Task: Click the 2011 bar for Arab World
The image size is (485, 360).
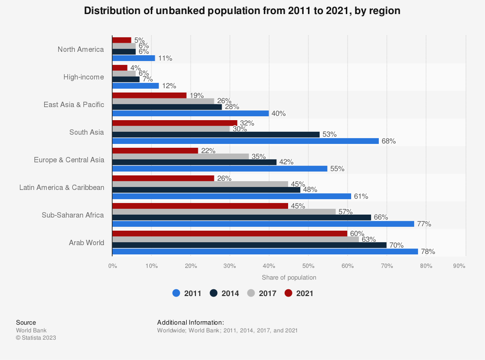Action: coord(265,251)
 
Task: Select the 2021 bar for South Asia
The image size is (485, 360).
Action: coord(175,123)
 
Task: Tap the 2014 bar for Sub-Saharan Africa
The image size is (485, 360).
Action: coord(242,217)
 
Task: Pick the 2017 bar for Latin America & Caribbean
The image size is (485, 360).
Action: coord(200,184)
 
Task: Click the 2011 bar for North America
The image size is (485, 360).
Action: coord(133,58)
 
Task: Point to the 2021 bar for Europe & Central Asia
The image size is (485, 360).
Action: coord(155,151)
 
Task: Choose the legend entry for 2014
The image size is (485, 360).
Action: coord(224,293)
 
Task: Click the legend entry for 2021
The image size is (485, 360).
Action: coord(299,293)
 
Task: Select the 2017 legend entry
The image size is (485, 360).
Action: coord(261,293)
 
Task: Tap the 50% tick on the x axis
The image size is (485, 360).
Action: coord(308,266)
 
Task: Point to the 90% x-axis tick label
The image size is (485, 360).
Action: coord(459,266)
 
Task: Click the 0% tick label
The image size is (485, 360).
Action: coord(113,266)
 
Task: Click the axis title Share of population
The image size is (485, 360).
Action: coord(289,278)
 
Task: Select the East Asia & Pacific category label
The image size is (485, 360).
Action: coord(74,104)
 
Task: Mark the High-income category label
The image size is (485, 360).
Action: coord(83,77)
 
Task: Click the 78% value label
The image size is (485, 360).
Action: coord(428,251)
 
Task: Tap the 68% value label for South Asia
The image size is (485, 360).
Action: coord(388,141)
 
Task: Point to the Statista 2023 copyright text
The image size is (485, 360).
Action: coord(36,338)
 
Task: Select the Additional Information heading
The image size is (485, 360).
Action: coord(191,322)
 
